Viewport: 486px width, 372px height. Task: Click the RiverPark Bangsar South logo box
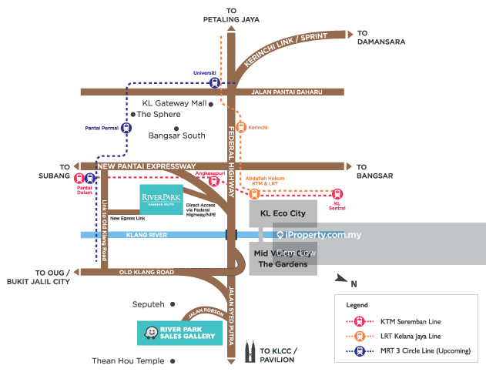pos(161,199)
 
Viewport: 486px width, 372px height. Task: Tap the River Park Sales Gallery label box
pos(179,333)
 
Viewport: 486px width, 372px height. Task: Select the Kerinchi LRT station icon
pos(241,128)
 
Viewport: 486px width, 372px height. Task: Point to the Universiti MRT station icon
pos(215,82)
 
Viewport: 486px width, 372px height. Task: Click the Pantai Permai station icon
pos(126,128)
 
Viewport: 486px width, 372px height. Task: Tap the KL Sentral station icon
pos(337,193)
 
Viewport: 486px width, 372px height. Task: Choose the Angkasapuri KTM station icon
pos(215,182)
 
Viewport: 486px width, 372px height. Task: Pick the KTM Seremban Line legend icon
pos(357,320)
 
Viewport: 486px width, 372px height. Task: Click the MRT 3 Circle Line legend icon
pos(357,350)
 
